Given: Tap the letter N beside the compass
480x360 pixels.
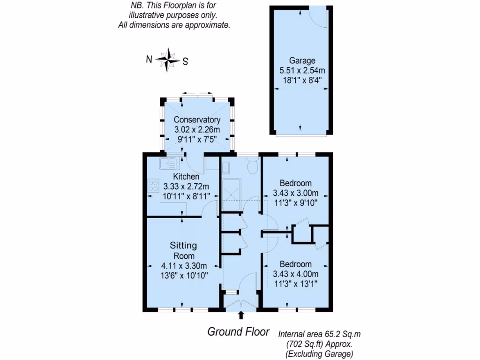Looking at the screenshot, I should [x=149, y=59].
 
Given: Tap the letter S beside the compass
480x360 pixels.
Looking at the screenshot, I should [x=185, y=61].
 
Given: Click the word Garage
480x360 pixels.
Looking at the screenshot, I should [x=302, y=60].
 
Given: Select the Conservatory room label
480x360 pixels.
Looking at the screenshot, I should [x=197, y=120].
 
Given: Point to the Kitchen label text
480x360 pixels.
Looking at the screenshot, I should [x=186, y=177].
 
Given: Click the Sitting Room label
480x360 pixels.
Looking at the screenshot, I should [x=183, y=251].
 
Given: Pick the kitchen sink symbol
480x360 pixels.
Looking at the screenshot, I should [x=168, y=163].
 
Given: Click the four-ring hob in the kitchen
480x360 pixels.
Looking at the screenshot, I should [x=153, y=186].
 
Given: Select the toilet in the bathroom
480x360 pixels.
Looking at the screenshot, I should [x=253, y=165].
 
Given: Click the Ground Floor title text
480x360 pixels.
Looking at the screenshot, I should [x=239, y=332].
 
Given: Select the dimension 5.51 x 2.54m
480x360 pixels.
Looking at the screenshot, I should [x=302, y=71].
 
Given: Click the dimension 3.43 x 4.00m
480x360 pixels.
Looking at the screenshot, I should [x=296, y=274].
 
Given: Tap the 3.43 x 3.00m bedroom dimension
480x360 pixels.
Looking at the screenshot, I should [x=296, y=193].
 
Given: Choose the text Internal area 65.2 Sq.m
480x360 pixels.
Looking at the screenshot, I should [x=320, y=334].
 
